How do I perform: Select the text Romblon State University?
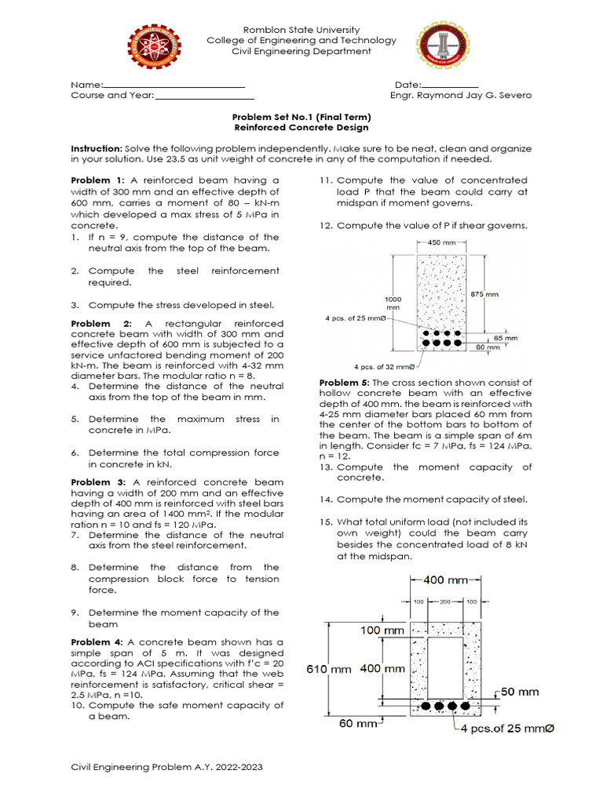[x=301, y=29]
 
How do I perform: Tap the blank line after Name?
[x=174, y=85]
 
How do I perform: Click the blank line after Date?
[x=451, y=85]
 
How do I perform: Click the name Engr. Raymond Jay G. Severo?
[x=461, y=96]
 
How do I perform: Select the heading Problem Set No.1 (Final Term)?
[x=301, y=117]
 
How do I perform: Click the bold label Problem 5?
[x=345, y=383]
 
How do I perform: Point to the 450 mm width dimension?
[x=440, y=242]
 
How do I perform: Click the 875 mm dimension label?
[x=484, y=294]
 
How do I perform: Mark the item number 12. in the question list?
[x=327, y=226]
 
